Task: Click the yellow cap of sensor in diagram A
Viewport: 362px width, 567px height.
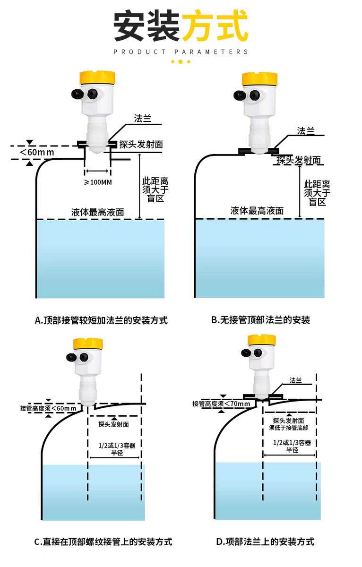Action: point(97,77)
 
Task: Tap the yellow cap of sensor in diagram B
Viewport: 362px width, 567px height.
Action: point(259,78)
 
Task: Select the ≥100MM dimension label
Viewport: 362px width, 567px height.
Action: point(98,182)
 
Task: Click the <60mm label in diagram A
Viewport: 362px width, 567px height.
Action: point(36,152)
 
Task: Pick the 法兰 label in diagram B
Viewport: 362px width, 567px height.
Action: point(306,130)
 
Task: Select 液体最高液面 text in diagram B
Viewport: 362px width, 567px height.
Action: point(257,211)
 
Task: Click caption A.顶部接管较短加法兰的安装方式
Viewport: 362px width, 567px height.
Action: point(101,320)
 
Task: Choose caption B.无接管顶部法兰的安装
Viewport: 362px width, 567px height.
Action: point(260,320)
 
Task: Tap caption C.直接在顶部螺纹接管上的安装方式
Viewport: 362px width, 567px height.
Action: point(103,541)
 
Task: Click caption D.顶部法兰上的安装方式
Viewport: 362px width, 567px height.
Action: point(265,541)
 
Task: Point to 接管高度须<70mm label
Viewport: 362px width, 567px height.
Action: point(221,404)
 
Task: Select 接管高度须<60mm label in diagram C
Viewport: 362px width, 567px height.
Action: point(48,408)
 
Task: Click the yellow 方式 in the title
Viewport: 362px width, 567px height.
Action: point(215,27)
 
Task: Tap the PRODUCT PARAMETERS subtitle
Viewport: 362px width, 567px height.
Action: point(181,52)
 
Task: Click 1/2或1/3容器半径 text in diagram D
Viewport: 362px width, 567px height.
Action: point(292,447)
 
